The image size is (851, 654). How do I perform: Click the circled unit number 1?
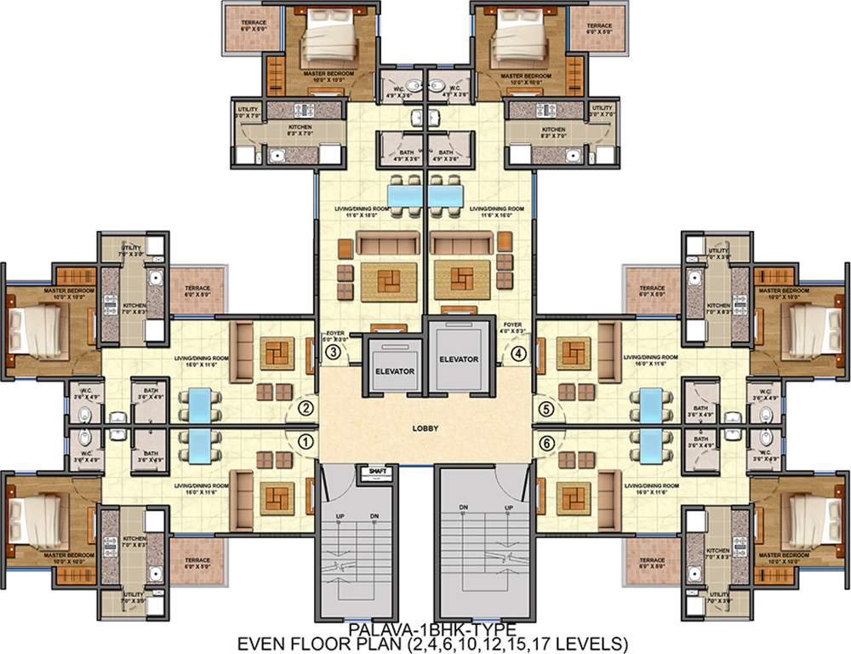click(x=306, y=441)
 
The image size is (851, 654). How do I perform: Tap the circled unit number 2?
click(x=306, y=409)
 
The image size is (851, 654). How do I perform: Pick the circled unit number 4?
click(x=518, y=352)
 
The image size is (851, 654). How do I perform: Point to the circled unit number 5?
click(x=546, y=409)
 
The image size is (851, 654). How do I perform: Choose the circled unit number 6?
click(x=546, y=441)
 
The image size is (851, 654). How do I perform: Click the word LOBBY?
click(x=425, y=428)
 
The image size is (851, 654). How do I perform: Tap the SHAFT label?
click(x=374, y=471)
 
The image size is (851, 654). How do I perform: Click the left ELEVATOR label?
click(x=393, y=372)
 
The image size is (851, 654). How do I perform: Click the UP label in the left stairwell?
click(x=340, y=517)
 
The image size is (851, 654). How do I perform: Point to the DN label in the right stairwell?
click(x=464, y=508)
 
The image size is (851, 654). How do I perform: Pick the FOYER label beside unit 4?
click(x=512, y=324)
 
